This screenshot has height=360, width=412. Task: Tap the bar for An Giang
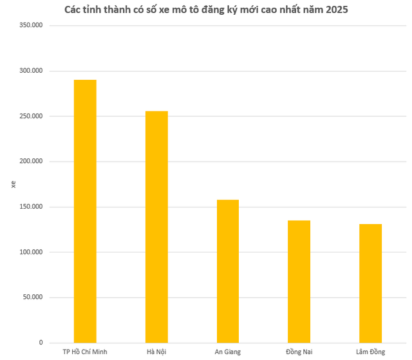tap(228, 271)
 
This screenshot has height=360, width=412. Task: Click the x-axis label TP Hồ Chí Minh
tap(85, 352)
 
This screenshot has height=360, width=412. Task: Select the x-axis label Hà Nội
tap(156, 352)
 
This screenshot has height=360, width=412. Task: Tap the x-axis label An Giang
tap(228, 352)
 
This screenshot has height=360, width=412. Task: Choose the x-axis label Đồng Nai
tap(299, 352)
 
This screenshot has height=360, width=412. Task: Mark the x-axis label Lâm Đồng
tap(370, 352)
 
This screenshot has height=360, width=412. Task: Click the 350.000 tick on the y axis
tap(31, 25)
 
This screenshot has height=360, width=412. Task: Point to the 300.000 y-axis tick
tap(31, 71)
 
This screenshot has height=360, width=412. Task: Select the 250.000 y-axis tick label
tap(31, 116)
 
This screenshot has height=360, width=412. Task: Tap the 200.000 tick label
tap(31, 162)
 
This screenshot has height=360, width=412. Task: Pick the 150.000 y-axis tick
tap(31, 207)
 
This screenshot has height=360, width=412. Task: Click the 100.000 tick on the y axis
tap(31, 252)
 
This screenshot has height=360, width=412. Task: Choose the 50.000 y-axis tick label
tap(33, 298)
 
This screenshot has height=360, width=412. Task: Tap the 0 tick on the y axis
tap(40, 343)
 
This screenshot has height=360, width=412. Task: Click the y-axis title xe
tap(14, 184)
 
